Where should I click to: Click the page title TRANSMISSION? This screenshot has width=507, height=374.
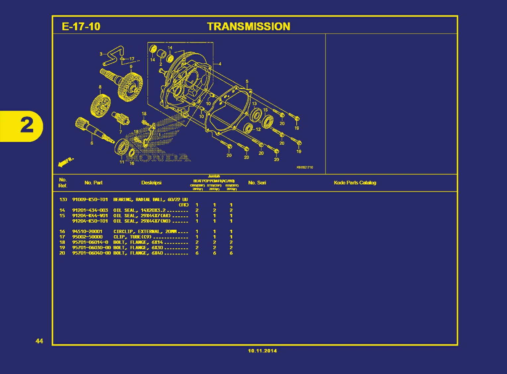[249, 27]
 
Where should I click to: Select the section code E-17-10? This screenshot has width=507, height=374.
[81, 27]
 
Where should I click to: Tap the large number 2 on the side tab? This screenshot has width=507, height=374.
[27, 126]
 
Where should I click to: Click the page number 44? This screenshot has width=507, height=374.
[39, 341]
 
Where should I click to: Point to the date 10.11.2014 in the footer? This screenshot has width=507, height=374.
[262, 351]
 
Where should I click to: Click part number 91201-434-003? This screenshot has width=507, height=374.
[90, 210]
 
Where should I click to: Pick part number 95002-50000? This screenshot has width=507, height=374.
[87, 237]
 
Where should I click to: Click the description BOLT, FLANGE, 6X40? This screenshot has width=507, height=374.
[138, 253]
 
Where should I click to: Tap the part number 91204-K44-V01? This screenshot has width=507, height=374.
[90, 216]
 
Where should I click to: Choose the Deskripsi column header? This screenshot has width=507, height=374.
[151, 183]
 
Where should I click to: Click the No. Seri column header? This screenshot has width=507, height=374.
[257, 183]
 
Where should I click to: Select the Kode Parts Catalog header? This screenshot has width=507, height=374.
[355, 183]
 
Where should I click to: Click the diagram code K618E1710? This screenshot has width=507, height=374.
[305, 167]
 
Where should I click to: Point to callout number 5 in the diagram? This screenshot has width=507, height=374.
[247, 82]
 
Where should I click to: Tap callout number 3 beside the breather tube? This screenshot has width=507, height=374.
[101, 54]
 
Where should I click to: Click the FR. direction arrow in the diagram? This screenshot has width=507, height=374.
[66, 162]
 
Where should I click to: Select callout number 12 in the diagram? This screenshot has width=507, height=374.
[258, 129]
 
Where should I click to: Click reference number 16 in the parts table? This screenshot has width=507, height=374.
[62, 232]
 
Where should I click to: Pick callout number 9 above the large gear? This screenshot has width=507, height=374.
[131, 67]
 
